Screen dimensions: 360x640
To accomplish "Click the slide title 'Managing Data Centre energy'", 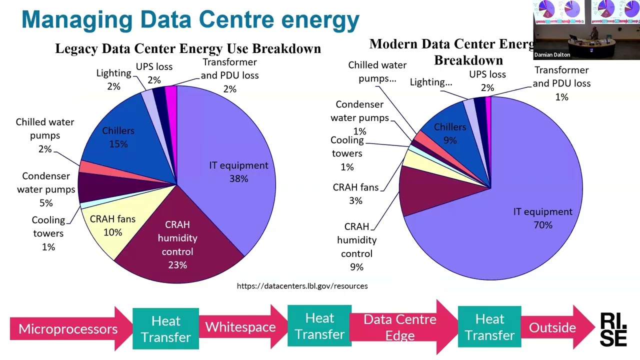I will pyautogui.click(x=190, y=19).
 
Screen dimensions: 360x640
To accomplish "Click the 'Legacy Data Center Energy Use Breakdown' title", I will pyautogui.click(x=187, y=48).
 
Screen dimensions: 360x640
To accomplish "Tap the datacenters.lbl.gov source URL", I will pyautogui.click(x=302, y=286).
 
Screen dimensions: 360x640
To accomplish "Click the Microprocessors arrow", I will pyautogui.click(x=68, y=328).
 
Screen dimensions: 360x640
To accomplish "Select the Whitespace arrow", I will pyautogui.click(x=240, y=327).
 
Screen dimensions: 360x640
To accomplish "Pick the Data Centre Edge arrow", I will pyautogui.click(x=400, y=327).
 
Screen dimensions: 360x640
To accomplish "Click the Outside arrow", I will pyautogui.click(x=552, y=327).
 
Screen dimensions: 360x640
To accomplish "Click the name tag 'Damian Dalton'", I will pyautogui.click(x=552, y=55).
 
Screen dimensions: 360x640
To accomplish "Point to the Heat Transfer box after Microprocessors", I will pyautogui.click(x=165, y=328).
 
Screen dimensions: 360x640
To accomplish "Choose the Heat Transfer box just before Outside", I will pyautogui.click(x=489, y=327).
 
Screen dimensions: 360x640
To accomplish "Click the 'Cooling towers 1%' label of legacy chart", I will pyautogui.click(x=48, y=233).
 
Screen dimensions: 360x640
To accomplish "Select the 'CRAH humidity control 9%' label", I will pyautogui.click(x=356, y=246).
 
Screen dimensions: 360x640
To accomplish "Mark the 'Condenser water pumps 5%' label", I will pyautogui.click(x=46, y=189).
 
